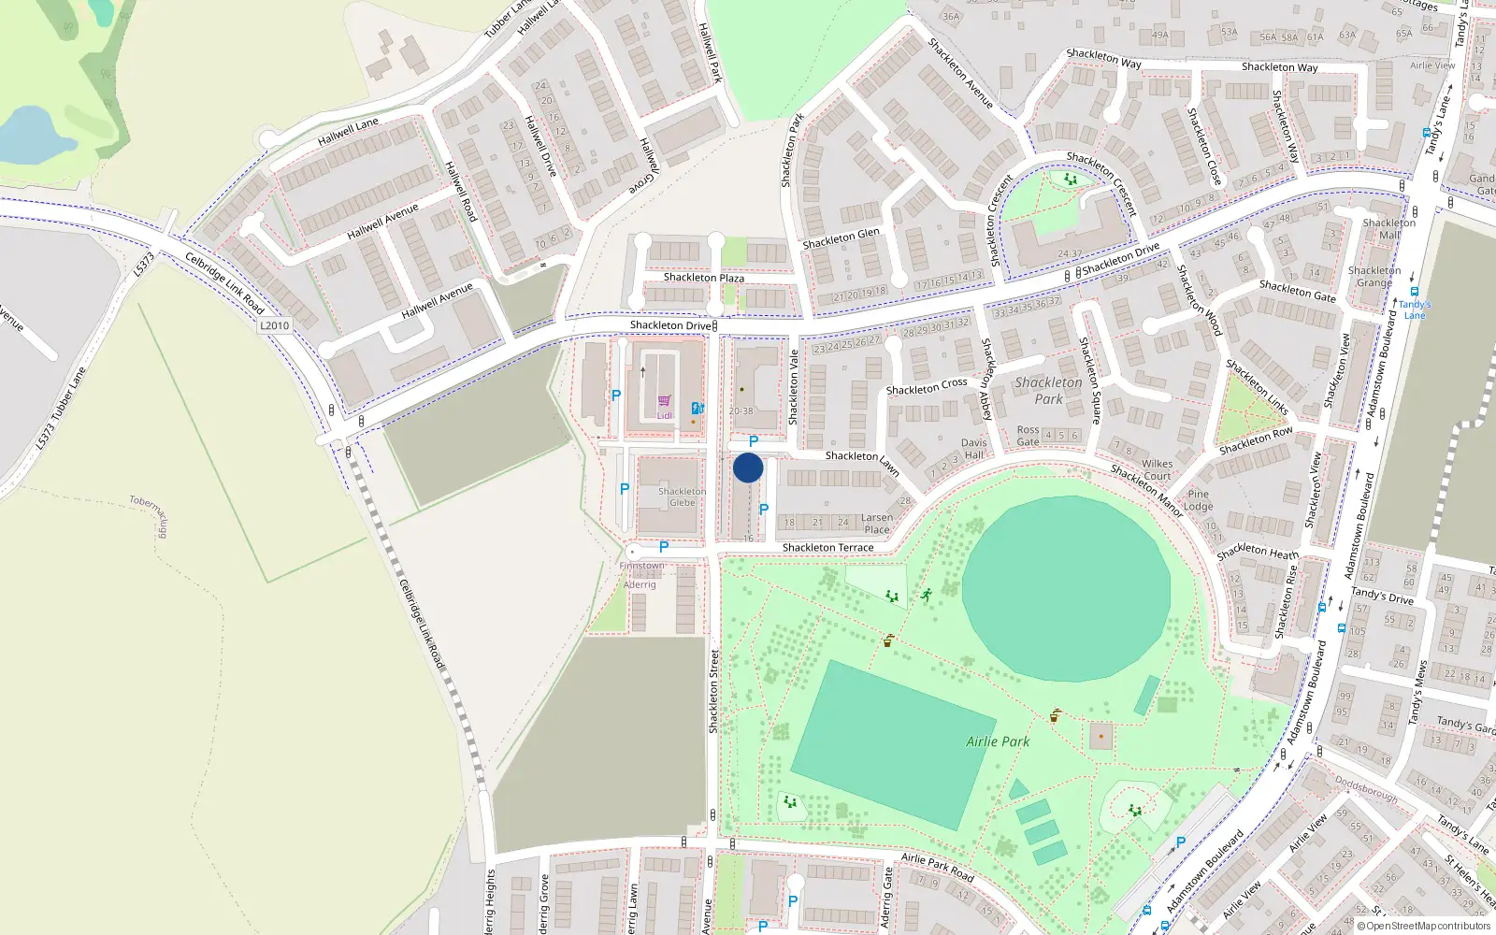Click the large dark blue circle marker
point(748,467)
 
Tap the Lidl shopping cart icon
point(664,401)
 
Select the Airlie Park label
point(998,741)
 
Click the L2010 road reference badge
point(274,325)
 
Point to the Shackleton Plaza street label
point(703,278)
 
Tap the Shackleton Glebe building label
point(682,496)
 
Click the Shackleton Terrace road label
point(827,548)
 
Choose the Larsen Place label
point(877,524)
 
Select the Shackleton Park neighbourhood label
point(1048,391)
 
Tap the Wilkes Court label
point(1157,469)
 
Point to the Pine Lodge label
point(1199,500)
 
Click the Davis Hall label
point(973,449)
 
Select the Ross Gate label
point(1028,436)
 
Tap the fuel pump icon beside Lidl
point(698,409)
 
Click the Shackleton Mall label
point(1388,229)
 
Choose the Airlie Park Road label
point(937,867)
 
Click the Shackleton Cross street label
point(927,386)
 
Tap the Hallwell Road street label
point(461,192)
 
